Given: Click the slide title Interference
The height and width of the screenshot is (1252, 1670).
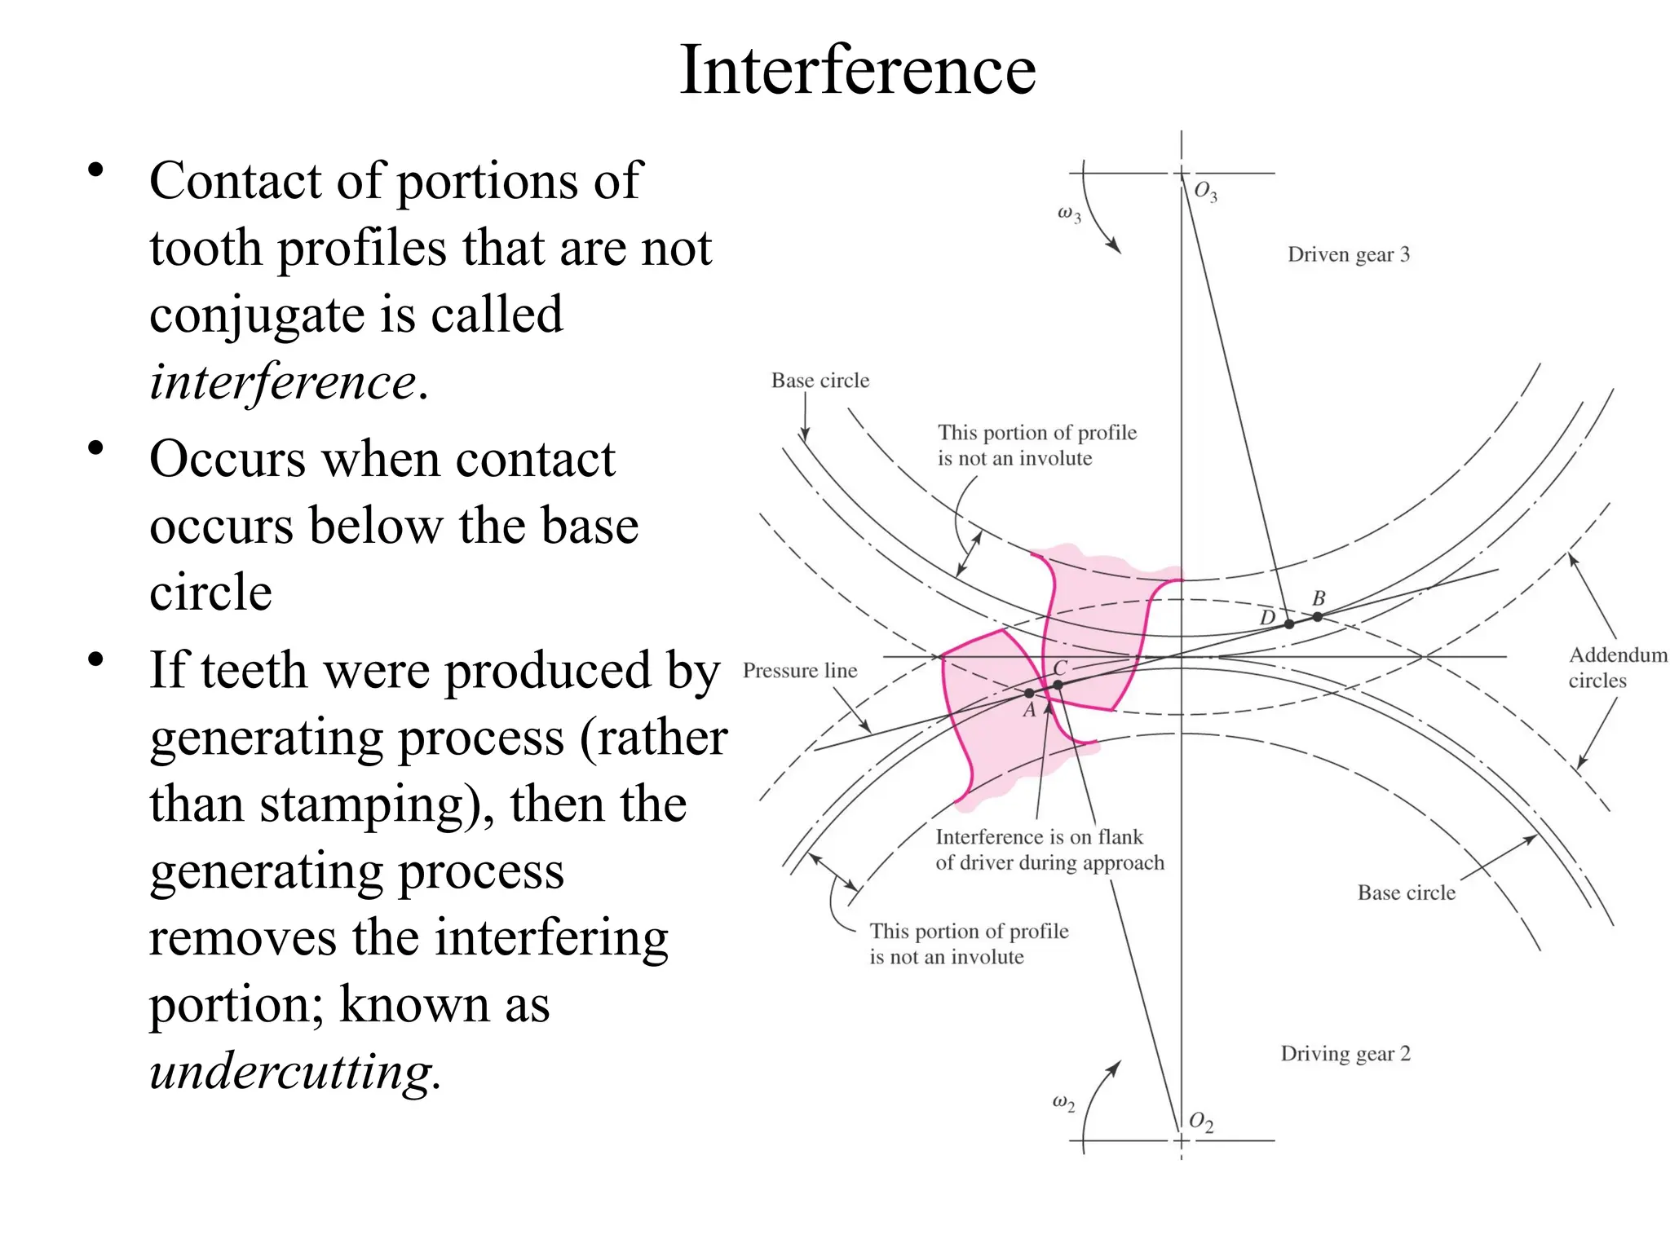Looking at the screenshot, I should (857, 70).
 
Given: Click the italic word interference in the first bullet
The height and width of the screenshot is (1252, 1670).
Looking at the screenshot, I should (283, 381).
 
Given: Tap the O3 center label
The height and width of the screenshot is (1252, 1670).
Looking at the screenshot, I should (1204, 192).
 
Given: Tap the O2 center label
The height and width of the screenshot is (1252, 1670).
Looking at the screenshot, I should (1200, 1122).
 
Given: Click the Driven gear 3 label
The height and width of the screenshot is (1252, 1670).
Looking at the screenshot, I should (1348, 254).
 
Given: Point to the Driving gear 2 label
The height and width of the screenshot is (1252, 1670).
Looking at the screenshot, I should (1345, 1053).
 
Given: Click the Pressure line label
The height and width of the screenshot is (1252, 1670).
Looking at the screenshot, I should (799, 670).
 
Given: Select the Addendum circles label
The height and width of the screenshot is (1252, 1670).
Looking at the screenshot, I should (1617, 667).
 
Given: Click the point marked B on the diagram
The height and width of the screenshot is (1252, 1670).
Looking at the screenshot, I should (1317, 617).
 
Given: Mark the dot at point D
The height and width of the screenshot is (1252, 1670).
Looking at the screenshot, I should (1288, 624).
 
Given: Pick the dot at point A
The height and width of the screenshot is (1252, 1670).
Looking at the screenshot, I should (1029, 694).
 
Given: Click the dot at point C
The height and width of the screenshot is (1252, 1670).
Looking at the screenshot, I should (1058, 685).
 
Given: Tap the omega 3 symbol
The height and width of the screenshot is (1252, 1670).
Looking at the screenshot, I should (1068, 214).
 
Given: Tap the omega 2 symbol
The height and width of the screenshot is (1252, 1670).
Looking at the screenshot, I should (1063, 1103).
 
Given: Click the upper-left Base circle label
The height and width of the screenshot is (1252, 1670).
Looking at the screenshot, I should (820, 381).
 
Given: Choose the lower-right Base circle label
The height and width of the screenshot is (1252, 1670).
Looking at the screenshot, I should (1406, 893).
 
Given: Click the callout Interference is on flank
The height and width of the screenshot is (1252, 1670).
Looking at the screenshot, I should (1039, 837).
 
